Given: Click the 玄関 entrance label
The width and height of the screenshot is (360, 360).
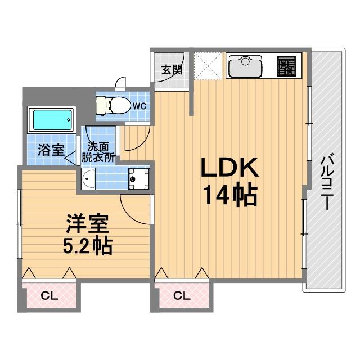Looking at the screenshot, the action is [172, 70].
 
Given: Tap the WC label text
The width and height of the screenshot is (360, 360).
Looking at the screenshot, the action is [139, 106].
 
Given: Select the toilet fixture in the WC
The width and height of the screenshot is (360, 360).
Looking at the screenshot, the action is [112, 105].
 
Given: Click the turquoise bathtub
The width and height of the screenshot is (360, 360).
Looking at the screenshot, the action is [52, 120].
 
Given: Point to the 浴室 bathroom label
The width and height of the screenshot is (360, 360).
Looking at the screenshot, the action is [51, 150].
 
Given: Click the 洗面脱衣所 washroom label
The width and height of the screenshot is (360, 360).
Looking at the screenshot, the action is [98, 152].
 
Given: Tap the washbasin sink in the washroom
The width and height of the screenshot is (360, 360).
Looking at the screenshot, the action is [88, 179].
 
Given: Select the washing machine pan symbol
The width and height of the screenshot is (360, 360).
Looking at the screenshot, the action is [139, 179].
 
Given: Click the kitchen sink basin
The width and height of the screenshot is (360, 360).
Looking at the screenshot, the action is [245, 66].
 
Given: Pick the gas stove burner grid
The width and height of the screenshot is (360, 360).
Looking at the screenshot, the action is [286, 66].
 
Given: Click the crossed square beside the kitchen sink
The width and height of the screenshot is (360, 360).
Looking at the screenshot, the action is [208, 66].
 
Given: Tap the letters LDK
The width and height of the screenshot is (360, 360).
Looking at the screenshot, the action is [229, 167].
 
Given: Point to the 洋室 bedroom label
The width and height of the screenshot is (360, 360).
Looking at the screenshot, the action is [88, 224].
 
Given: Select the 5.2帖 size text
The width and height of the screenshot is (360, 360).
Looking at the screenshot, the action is [88, 246].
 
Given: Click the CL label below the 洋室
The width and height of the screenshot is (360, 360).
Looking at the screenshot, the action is [49, 296].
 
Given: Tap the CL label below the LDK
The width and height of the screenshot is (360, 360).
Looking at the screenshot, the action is [182, 296].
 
